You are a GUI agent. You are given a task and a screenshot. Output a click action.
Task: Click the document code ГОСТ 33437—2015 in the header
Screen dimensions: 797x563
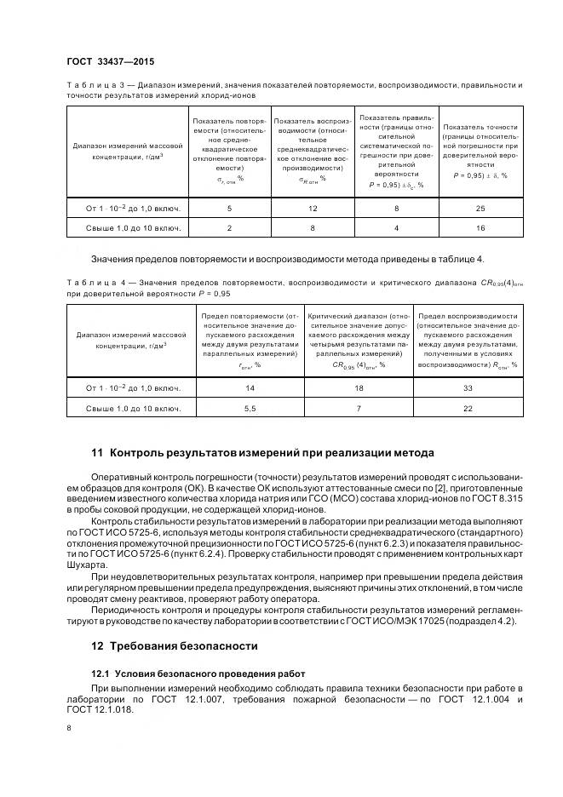click(x=110, y=62)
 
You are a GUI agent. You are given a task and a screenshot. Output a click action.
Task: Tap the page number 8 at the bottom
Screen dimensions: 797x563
click(x=69, y=727)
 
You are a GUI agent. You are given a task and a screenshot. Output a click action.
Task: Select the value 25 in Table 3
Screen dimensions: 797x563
click(x=480, y=208)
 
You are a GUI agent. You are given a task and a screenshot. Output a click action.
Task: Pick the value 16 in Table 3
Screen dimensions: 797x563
click(x=480, y=228)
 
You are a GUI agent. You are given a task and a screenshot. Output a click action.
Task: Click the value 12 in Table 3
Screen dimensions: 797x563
click(x=313, y=208)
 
